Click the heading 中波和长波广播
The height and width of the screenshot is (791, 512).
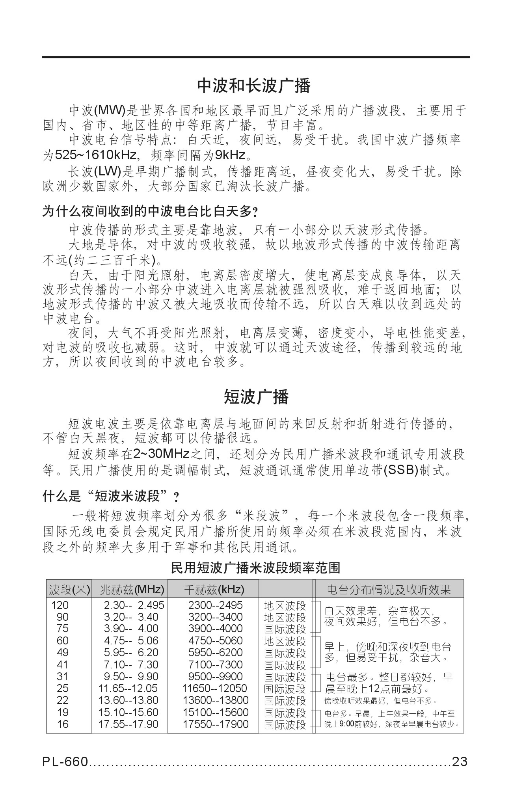(254, 86)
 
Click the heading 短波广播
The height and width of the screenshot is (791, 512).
(256, 397)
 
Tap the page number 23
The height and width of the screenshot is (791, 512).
(460, 761)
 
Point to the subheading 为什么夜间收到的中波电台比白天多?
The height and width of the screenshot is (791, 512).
(150, 212)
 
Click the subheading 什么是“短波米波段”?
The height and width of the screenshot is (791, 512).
(111, 496)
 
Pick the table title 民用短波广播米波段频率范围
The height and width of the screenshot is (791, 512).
(255, 568)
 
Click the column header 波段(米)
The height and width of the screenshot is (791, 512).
(69, 590)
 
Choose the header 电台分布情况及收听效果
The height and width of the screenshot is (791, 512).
(389, 590)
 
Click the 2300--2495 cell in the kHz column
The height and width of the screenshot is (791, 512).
(215, 605)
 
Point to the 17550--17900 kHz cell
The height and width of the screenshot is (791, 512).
(216, 724)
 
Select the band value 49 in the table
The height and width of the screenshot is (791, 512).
(62, 653)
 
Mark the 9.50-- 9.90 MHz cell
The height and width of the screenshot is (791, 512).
(131, 676)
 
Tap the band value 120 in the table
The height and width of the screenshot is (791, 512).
(60, 605)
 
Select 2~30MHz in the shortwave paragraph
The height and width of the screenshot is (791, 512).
(162, 454)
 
